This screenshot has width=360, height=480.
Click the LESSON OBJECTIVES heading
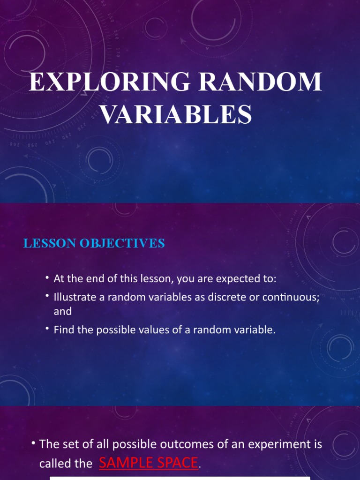coord(94,243)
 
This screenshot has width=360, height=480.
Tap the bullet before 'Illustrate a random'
coord(48,296)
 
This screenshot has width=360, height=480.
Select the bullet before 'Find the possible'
coord(48,329)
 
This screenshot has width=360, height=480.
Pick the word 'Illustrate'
coord(72,297)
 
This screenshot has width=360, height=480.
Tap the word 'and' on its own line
coord(63,311)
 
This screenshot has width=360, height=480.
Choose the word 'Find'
coord(63,330)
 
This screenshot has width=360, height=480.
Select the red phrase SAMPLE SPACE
coord(149,463)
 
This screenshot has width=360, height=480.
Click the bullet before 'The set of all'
coord(34,443)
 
